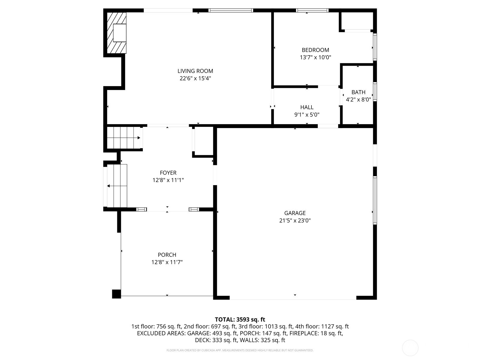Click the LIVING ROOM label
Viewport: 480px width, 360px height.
click(195, 71)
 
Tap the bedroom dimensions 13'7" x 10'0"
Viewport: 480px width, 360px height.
click(315, 58)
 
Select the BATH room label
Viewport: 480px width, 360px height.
click(358, 92)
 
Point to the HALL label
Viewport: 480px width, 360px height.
click(307, 107)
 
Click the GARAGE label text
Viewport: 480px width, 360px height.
click(295, 213)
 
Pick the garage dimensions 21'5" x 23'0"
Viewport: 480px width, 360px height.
click(295, 220)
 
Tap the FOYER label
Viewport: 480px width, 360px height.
click(168, 173)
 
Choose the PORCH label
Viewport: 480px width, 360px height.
click(167, 255)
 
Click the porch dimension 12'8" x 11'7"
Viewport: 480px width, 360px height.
click(167, 262)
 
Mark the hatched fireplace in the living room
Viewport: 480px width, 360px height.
click(117, 33)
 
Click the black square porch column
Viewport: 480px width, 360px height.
click(116, 294)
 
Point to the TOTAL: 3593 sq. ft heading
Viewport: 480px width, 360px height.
click(240, 319)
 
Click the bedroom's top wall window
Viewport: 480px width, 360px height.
click(312, 10)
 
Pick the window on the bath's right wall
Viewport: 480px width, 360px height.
click(375, 91)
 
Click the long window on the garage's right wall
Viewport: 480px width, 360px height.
click(375, 200)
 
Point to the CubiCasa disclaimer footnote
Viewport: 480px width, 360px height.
click(240, 350)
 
